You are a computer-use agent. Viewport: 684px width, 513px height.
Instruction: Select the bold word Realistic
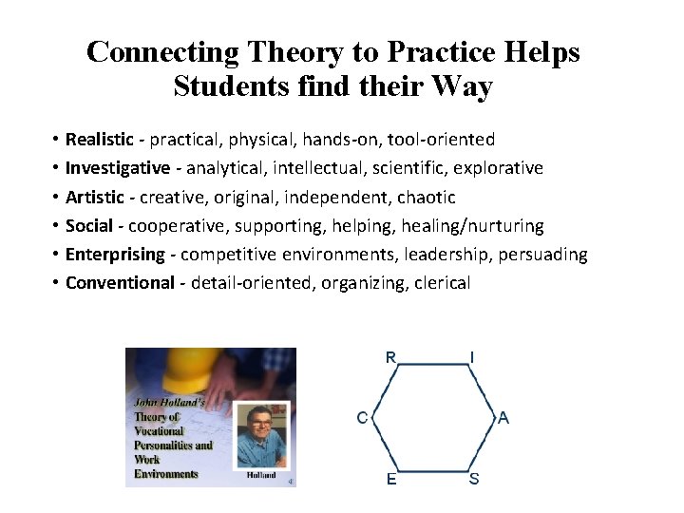click(99, 140)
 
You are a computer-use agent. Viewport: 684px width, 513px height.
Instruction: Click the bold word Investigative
click(118, 168)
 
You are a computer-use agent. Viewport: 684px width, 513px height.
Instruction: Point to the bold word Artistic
click(94, 198)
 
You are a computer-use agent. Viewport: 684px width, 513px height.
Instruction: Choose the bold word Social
click(89, 226)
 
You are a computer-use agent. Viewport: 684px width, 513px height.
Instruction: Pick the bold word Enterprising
click(115, 255)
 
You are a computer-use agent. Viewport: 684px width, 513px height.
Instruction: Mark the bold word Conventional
click(120, 283)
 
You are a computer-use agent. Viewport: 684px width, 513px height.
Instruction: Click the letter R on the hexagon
click(390, 357)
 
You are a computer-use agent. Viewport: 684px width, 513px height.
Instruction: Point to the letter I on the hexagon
click(472, 357)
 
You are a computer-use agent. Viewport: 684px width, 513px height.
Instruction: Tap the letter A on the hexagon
click(503, 418)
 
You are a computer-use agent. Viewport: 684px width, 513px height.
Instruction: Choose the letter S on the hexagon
click(474, 479)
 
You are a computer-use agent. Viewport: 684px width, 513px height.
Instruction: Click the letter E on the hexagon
click(391, 480)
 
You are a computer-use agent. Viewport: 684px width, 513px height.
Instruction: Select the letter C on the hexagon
click(363, 418)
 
